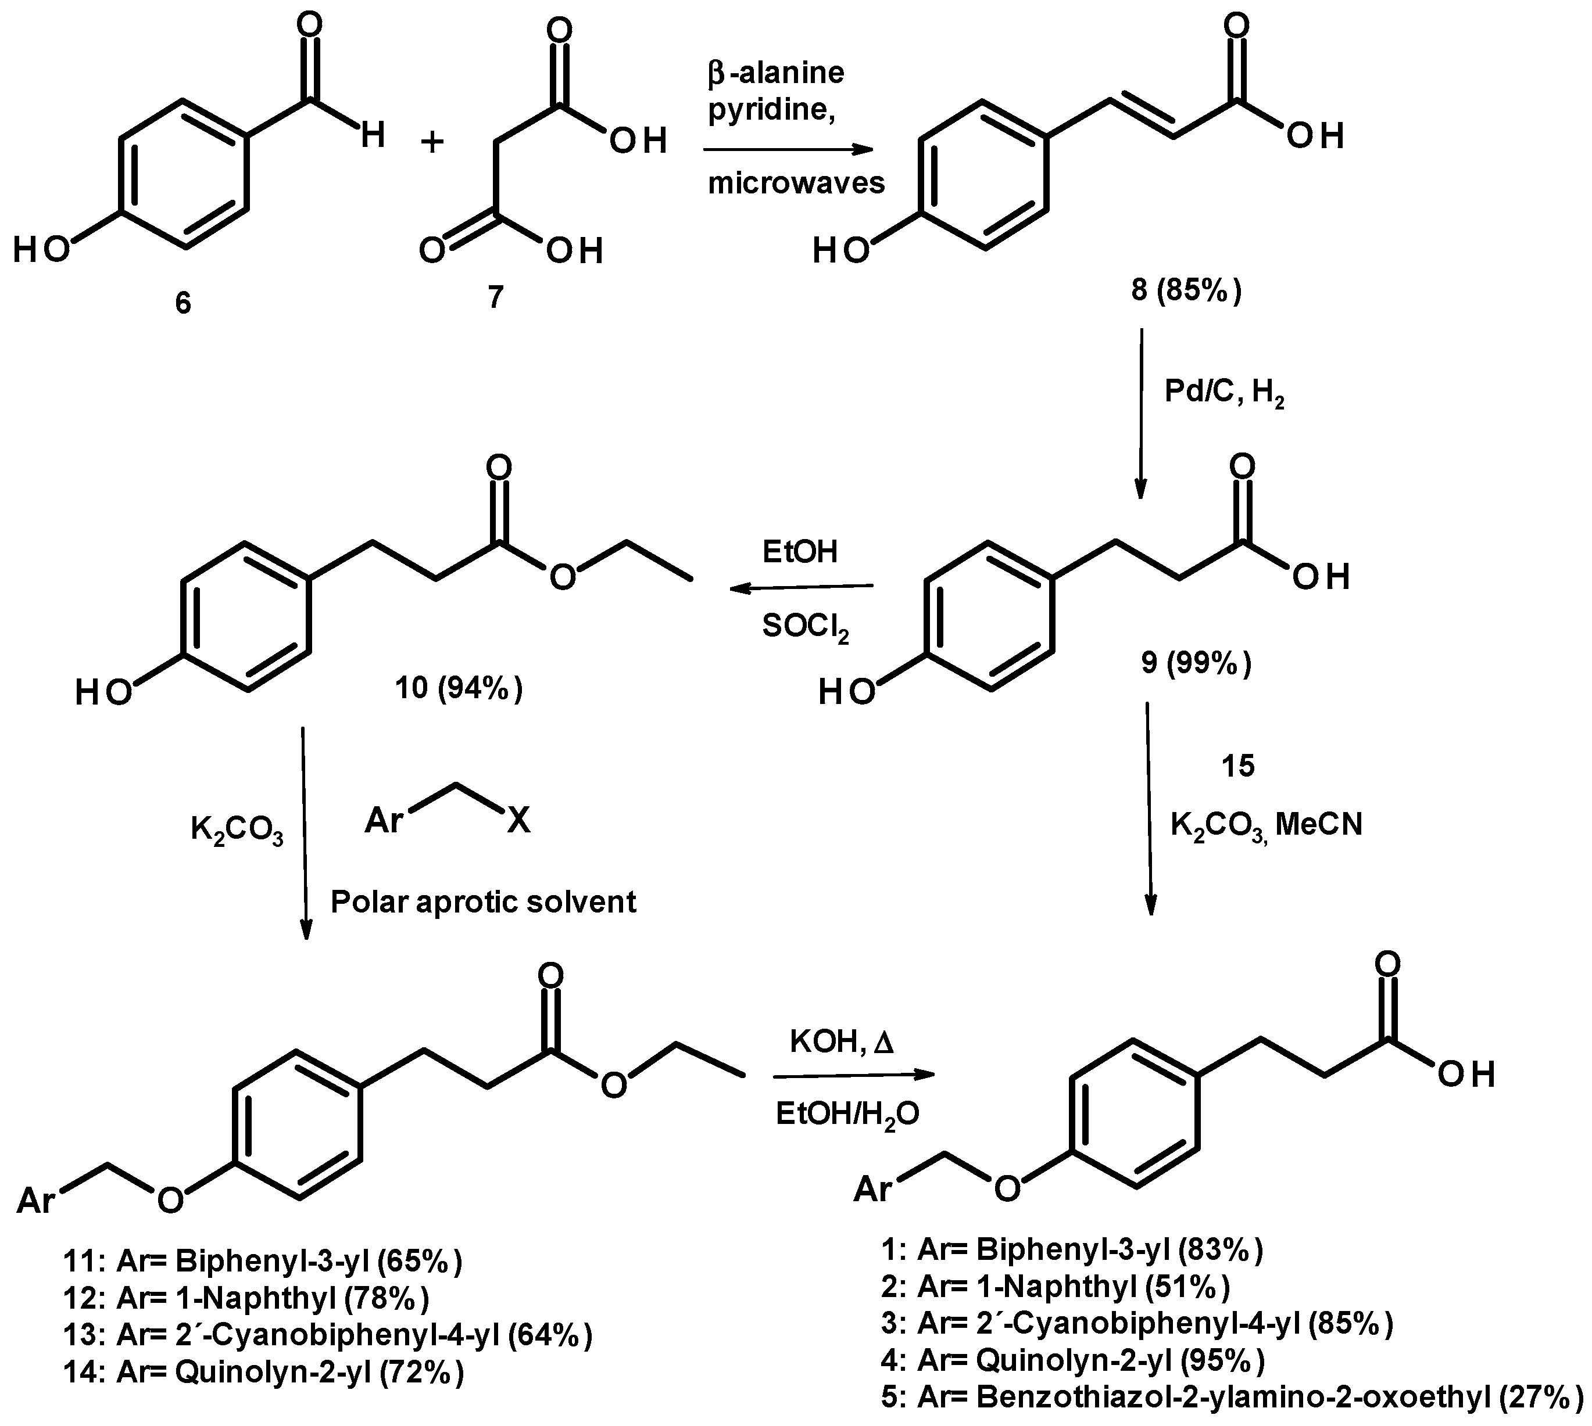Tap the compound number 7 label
click(x=495, y=298)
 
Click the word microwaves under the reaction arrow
click(x=796, y=184)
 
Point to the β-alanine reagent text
click(x=776, y=73)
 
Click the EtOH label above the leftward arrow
click(x=800, y=552)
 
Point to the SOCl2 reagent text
click(x=805, y=627)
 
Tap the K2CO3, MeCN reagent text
click(x=1266, y=824)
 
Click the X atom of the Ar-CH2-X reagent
click(x=518, y=821)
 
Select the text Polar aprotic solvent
click(x=483, y=902)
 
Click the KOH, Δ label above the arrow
click(x=842, y=1042)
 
